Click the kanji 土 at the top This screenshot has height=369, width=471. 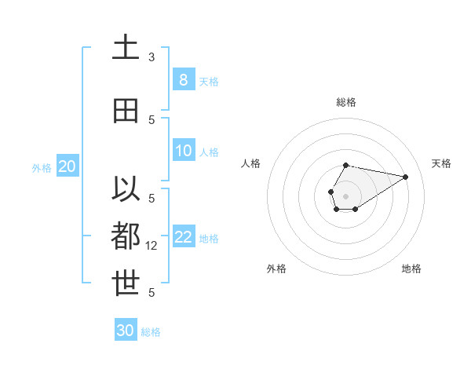126,48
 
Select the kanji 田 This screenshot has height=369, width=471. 126,111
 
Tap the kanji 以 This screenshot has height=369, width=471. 126,191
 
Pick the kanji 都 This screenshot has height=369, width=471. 126,236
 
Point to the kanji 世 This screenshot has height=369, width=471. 126,283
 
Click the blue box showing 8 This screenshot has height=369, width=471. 183,79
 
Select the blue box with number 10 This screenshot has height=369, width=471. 183,151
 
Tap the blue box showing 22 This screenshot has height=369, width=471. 183,237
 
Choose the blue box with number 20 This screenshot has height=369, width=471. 67,166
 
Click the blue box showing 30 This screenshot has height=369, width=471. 126,331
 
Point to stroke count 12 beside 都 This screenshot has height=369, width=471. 152,246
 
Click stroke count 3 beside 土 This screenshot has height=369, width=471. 152,57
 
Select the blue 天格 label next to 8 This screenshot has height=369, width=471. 209,81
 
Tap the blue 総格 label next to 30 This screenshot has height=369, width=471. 151,332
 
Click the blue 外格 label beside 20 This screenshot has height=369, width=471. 42,167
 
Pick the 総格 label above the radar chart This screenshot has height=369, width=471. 345,102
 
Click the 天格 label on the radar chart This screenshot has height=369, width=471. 441,163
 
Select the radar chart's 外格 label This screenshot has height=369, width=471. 276,269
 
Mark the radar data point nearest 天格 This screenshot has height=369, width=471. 406,176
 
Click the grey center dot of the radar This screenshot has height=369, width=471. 345,195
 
